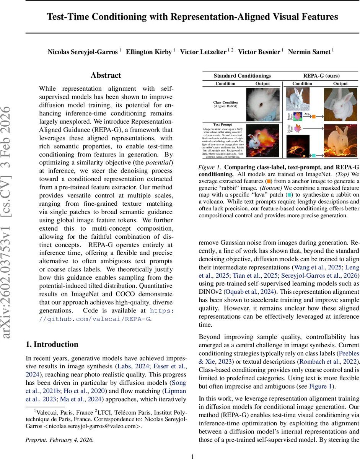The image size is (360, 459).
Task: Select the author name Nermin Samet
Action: tap(310, 52)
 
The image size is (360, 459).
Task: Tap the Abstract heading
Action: tap(106, 75)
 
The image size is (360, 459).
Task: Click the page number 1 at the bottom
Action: tap(192, 456)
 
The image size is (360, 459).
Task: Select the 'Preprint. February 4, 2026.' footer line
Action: tap(59, 439)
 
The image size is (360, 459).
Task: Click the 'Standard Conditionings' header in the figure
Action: tap(242, 76)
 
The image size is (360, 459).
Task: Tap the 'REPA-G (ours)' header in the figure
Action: tap(321, 76)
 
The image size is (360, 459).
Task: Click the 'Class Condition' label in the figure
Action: tap(225, 103)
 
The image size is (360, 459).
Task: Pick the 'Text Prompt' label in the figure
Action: tap(222, 124)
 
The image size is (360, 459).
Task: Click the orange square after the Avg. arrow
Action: tap(313, 116)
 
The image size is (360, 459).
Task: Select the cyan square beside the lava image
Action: tap(313, 156)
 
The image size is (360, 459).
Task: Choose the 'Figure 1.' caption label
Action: tap(209, 168)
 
